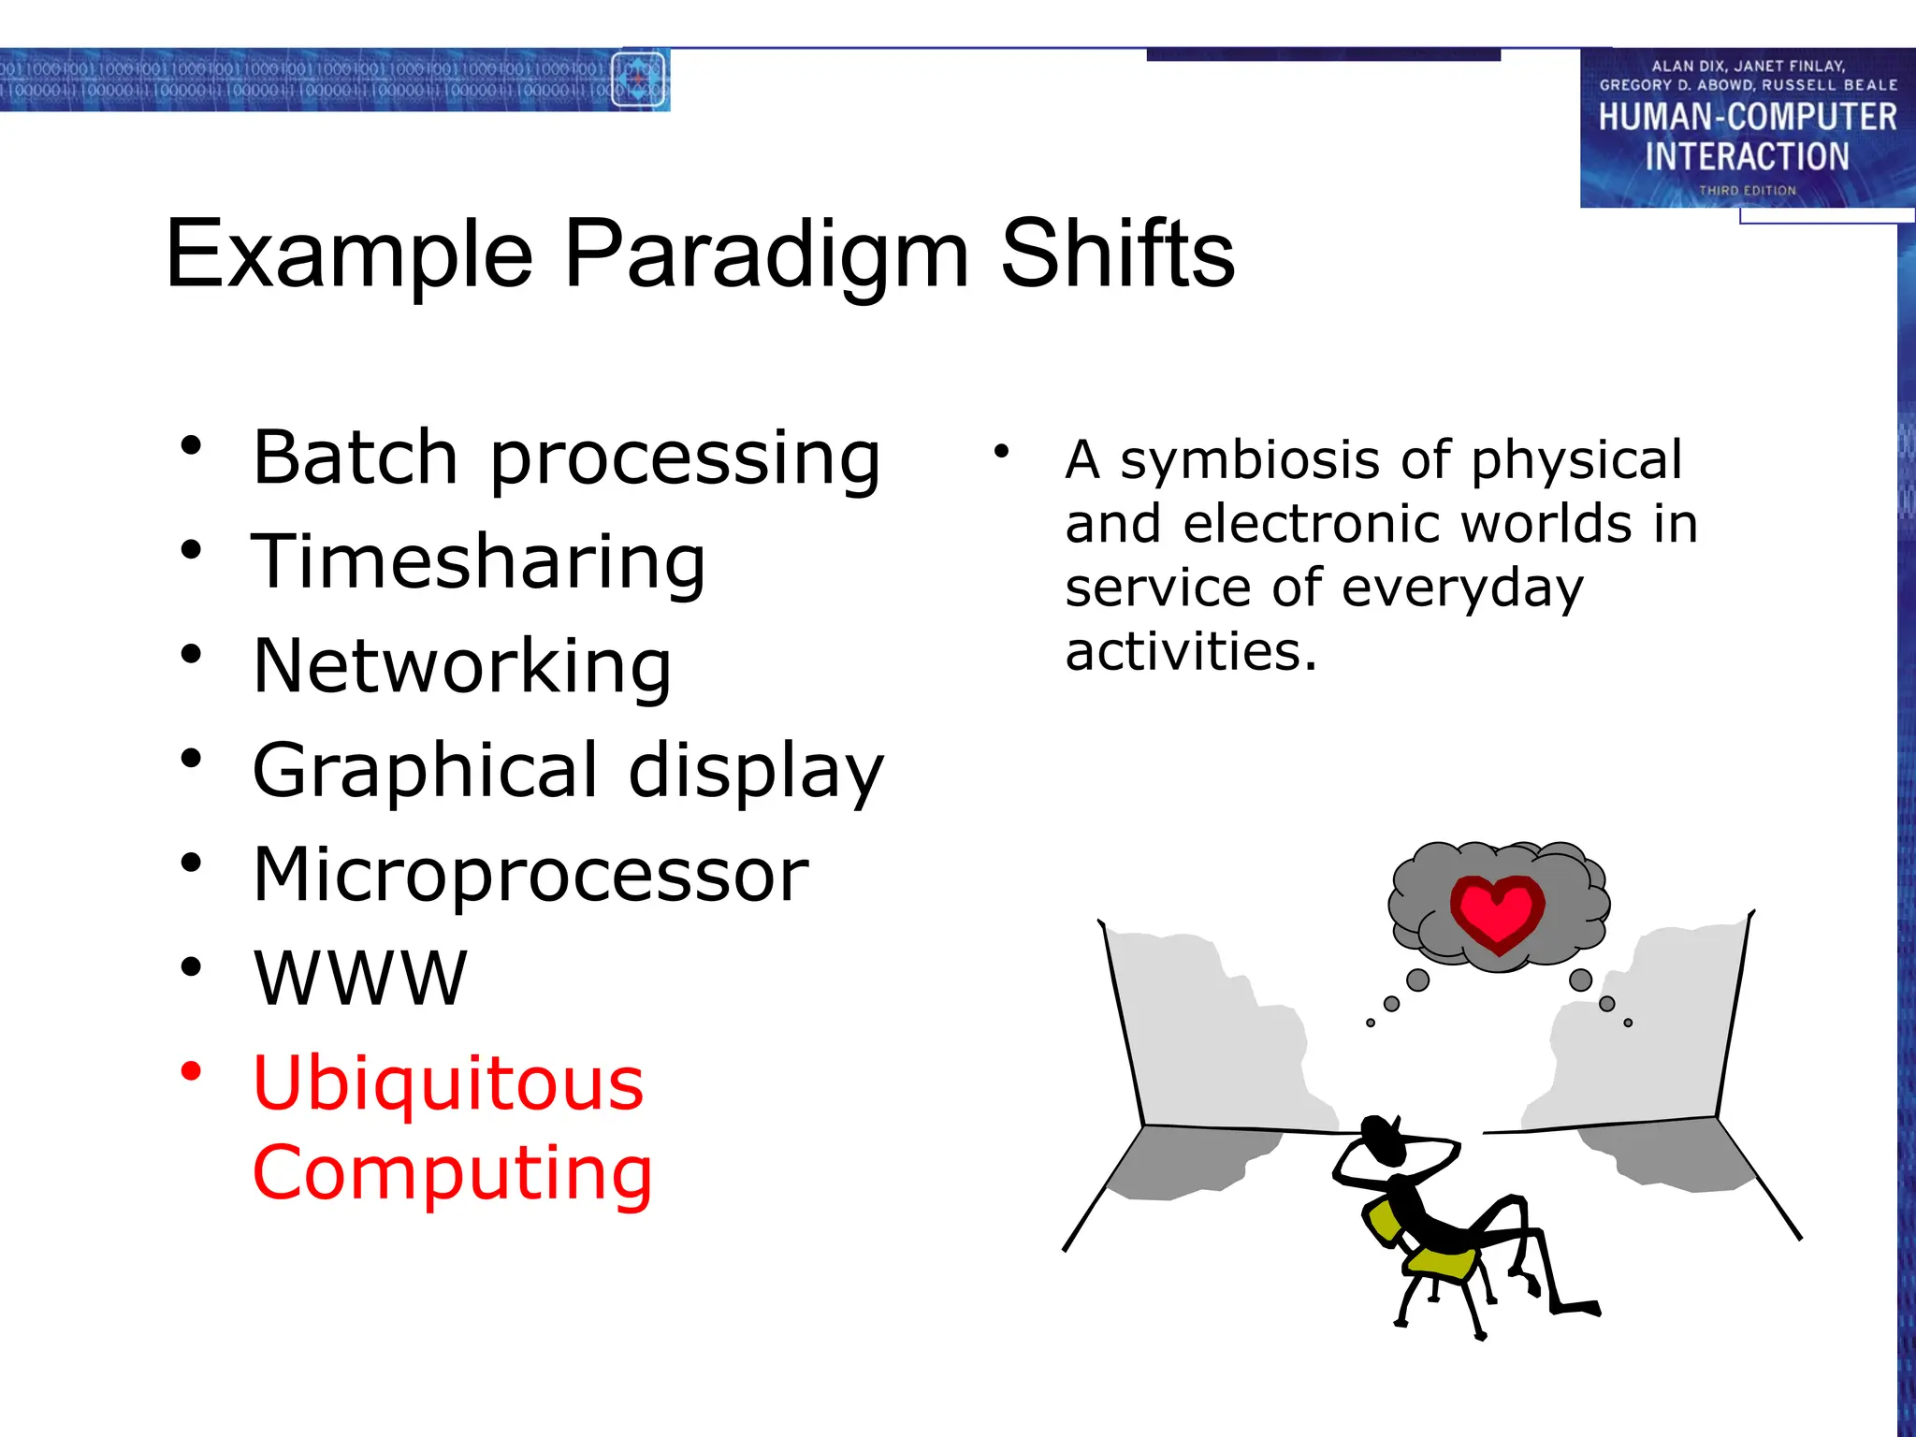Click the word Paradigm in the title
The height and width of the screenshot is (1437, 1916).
coord(767,255)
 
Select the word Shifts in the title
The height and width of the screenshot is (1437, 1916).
coord(1117,254)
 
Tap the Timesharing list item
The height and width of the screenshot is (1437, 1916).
coord(478,561)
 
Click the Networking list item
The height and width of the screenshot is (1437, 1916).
coord(462,666)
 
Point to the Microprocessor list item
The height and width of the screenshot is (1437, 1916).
coord(530,875)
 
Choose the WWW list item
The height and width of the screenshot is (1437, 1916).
coord(360,979)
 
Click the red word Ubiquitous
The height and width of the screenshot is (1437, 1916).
coord(448,1083)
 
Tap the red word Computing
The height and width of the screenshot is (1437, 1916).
coord(453,1173)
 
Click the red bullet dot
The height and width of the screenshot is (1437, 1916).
coord(191,1070)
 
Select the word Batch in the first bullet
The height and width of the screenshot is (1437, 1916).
coord(356,457)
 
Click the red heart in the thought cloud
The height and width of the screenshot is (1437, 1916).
coord(1497,912)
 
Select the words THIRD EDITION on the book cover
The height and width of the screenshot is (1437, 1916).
coord(1747,190)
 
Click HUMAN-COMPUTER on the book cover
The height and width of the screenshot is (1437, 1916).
coord(1747,117)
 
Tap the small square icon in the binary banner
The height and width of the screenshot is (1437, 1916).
coord(638,80)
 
